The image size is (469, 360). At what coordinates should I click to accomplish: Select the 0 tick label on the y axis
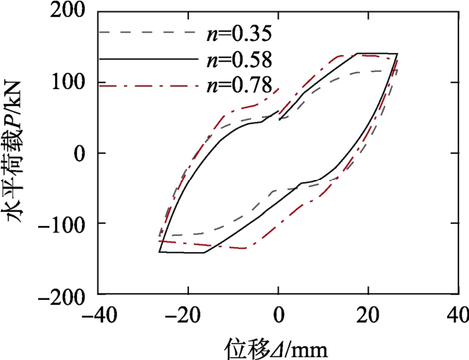coord(80,152)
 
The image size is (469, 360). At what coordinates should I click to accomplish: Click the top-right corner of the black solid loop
coord(397,54)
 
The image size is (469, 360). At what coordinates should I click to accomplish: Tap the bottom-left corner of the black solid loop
coord(160,251)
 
